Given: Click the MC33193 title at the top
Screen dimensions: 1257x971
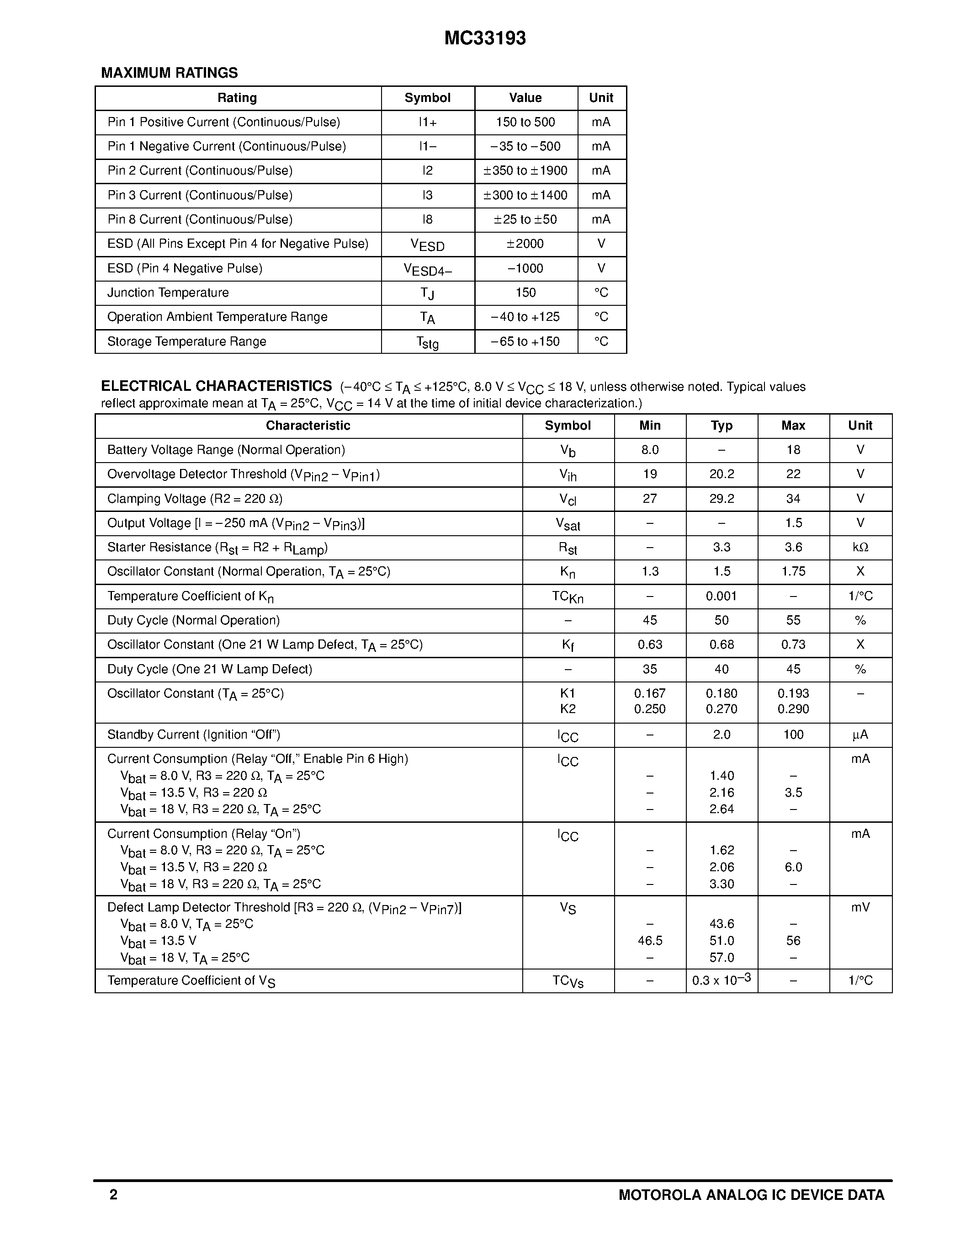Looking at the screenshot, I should click(485, 38).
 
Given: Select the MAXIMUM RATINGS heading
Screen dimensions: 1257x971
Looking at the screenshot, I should click(169, 73).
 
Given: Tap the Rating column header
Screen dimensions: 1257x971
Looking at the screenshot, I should click(237, 98).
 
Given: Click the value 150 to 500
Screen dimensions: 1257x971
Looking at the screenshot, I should click(525, 122).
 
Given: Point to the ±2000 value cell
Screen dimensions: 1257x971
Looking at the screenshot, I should click(525, 244).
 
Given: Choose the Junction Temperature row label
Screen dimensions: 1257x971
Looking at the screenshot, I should click(168, 293).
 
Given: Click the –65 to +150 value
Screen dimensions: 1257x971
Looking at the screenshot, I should click(525, 342).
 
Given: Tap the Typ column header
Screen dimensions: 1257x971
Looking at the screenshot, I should click(722, 426).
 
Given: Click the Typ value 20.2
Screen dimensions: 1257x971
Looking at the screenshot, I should click(722, 474).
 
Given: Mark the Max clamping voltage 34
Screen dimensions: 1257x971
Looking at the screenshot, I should click(793, 499).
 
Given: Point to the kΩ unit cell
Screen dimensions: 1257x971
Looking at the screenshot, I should click(860, 547).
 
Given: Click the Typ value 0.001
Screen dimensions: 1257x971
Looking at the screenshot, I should click(722, 596).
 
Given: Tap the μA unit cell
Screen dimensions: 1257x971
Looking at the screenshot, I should click(860, 735).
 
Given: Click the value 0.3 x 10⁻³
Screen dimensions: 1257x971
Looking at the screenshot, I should click(722, 980).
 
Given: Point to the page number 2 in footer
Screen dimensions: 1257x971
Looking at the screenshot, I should click(113, 1195).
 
